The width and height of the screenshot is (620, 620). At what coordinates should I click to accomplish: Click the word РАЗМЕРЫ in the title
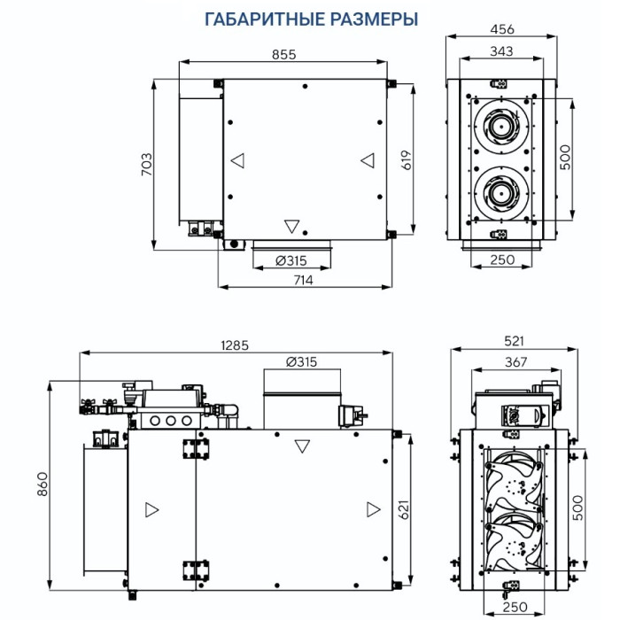click(373, 19)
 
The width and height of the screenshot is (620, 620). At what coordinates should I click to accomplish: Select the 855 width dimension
click(283, 54)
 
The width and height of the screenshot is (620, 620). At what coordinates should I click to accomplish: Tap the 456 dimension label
click(502, 29)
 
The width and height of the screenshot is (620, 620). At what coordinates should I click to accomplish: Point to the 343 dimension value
click(501, 51)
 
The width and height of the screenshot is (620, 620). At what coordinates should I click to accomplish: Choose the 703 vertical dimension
click(147, 163)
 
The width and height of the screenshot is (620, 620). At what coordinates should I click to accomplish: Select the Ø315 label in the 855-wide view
click(291, 260)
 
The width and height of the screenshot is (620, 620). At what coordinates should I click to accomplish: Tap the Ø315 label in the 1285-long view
click(301, 362)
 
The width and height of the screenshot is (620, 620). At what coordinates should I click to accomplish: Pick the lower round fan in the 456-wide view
click(502, 189)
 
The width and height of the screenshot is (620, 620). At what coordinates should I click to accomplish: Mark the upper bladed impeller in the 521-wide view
click(515, 480)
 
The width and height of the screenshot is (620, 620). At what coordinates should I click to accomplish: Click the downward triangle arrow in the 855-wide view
click(292, 226)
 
